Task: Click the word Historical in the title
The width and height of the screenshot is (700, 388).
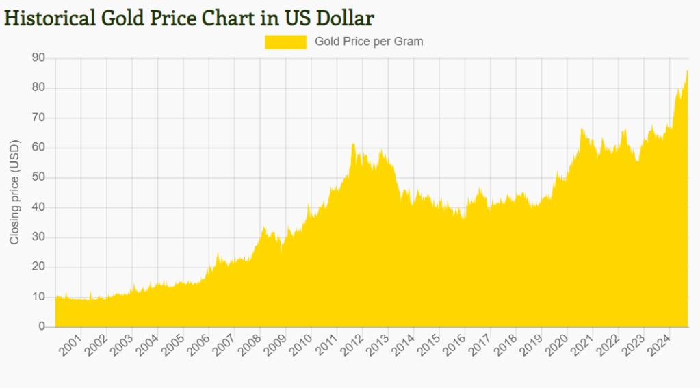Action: [x=49, y=17]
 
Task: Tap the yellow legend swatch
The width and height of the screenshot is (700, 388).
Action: [x=285, y=42]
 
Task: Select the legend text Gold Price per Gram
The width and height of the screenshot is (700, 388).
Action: [x=369, y=42]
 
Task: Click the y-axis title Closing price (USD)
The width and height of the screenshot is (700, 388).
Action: [x=14, y=192]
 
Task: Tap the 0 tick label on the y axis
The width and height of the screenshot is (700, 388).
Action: [x=42, y=327]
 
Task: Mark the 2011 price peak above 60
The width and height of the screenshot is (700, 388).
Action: [x=353, y=144]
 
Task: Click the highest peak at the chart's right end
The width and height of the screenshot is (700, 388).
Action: [x=687, y=70]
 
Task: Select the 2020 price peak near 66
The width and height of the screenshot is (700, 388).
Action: [x=582, y=129]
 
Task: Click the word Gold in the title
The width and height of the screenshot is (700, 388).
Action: [x=125, y=17]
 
